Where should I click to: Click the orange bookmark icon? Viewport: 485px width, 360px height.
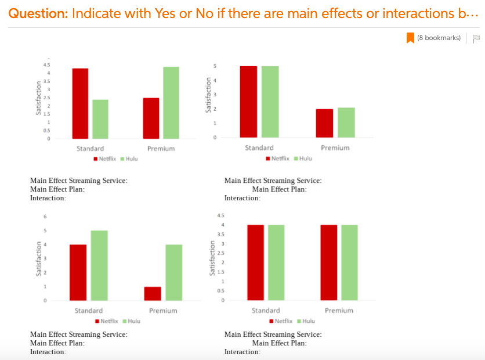pyautogui.click(x=410, y=38)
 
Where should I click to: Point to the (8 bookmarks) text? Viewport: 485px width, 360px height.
pyautogui.click(x=439, y=38)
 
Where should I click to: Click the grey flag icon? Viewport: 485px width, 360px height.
pyautogui.click(x=476, y=39)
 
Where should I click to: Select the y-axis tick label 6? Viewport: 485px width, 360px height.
pyautogui.click(x=45, y=217)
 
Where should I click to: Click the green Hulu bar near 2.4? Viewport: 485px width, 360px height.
pyautogui.click(x=100, y=119)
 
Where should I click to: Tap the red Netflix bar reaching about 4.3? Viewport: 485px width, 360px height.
pyautogui.click(x=80, y=103)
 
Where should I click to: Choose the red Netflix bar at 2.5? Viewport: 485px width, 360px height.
pyautogui.click(x=151, y=118)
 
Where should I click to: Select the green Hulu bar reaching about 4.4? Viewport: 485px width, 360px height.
pyautogui.click(x=171, y=103)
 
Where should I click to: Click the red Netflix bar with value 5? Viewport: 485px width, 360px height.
pyautogui.click(x=248, y=102)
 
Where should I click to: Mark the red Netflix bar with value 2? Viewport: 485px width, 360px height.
pyautogui.click(x=325, y=123)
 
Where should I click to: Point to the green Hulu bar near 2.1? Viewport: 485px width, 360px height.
pyautogui.click(x=346, y=123)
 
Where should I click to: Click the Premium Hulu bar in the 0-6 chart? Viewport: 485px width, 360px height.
pyautogui.click(x=173, y=272)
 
